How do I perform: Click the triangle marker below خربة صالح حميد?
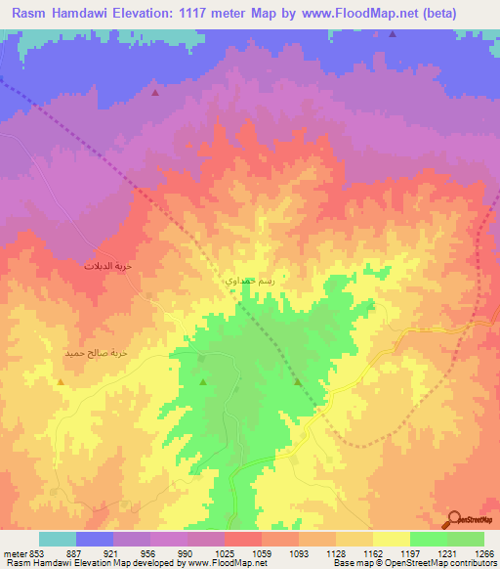(x=62, y=380)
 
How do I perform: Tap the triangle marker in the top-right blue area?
(x=393, y=34)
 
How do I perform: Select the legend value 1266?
(x=482, y=553)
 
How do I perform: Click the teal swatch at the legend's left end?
(x=58, y=539)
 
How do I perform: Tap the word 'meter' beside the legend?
(x=14, y=553)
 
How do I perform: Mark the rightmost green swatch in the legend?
(x=466, y=539)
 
